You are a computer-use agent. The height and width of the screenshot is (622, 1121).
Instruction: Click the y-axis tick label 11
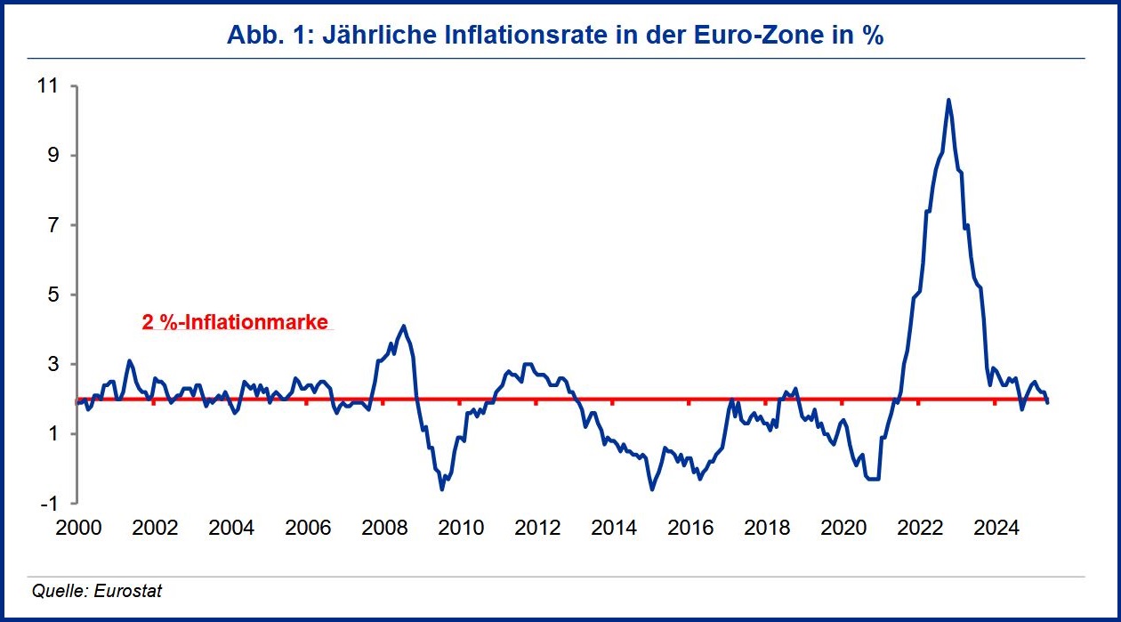point(45,86)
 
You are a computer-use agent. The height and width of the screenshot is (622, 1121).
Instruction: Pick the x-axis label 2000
point(78,528)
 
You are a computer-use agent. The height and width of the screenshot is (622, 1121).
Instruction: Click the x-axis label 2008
point(384,528)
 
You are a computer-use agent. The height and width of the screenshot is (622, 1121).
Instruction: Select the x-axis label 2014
point(614,528)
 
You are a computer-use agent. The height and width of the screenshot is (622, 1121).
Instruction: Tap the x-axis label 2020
point(843,528)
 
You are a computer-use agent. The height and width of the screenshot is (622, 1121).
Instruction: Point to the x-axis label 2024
point(996,528)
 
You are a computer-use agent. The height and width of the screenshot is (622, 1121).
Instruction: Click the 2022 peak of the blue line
point(948,100)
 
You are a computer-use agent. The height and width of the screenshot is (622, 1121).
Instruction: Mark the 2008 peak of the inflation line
point(404,326)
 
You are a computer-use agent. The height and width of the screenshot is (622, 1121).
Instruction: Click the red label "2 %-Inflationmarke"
point(236,322)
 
